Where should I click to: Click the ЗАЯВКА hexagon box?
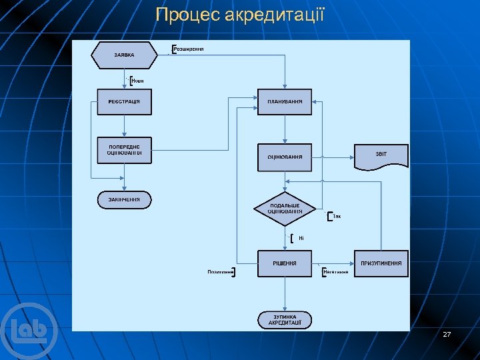coord(124,55)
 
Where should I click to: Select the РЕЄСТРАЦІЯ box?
coord(124,101)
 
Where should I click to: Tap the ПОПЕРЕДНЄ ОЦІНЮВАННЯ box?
coord(124,149)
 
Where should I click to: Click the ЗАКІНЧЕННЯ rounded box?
coord(124,199)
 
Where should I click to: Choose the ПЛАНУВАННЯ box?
coord(285,101)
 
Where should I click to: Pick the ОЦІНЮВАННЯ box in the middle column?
coord(285,157)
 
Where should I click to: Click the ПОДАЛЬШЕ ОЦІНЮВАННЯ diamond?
coord(285,208)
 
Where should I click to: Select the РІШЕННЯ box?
coord(285,263)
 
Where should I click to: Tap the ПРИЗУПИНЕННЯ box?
coord(381,263)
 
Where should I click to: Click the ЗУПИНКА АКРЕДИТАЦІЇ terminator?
coord(285,319)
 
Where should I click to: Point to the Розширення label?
coord(189,49)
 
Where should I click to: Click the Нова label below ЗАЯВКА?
coord(138,81)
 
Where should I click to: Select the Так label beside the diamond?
coord(337,216)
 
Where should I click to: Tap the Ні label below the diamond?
coord(301,238)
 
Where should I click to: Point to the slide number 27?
coord(447,333)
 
